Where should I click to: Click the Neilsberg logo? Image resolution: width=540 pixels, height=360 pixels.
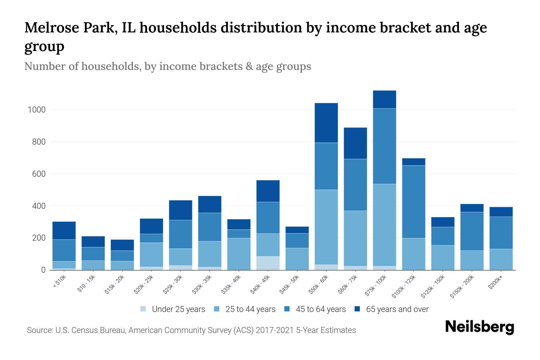(x=479, y=327)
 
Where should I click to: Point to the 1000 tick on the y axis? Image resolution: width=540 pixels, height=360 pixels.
(x=37, y=110)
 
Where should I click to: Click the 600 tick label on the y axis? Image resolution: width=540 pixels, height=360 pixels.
(x=39, y=174)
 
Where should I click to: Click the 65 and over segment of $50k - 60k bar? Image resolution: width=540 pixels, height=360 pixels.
(x=326, y=123)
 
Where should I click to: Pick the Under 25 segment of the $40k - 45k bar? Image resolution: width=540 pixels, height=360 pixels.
(x=268, y=263)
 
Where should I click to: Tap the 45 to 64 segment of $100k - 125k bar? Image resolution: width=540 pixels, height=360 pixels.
(x=413, y=202)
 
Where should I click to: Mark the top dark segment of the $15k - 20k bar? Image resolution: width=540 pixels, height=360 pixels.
(x=122, y=245)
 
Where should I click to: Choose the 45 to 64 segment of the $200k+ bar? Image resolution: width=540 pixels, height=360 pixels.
(x=501, y=232)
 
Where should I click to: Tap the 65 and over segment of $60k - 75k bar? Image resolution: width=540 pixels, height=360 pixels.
(x=355, y=143)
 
